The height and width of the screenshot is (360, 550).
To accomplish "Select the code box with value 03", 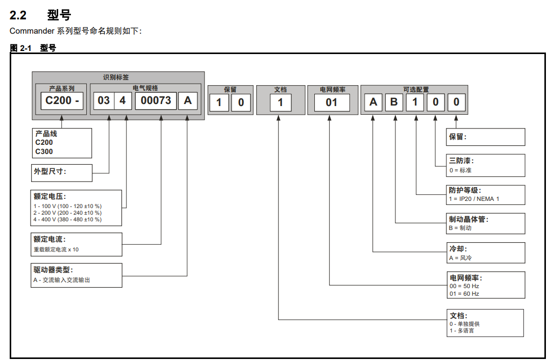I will (104, 100).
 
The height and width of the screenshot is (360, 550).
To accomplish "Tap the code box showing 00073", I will (156, 100).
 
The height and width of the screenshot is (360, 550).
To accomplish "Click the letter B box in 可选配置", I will (394, 102).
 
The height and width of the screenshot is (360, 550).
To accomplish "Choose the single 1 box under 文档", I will (280, 102).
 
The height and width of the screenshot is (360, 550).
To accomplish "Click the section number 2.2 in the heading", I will (18, 15).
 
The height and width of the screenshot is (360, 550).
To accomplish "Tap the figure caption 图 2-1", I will (20, 48).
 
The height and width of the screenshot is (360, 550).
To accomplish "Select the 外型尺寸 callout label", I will (50, 172).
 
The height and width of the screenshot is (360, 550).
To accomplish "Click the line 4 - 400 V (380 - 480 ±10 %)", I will (67, 219).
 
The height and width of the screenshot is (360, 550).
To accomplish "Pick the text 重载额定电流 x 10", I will (56, 249).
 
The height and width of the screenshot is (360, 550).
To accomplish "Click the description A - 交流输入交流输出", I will (61, 280).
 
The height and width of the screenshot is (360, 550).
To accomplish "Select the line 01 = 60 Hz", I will (464, 294).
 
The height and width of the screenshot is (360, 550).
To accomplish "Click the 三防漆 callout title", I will (461, 161).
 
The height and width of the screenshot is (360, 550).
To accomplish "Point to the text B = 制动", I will (460, 228).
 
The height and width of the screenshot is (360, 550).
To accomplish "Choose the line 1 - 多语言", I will (461, 330).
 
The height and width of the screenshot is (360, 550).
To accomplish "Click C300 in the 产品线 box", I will (44, 151).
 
